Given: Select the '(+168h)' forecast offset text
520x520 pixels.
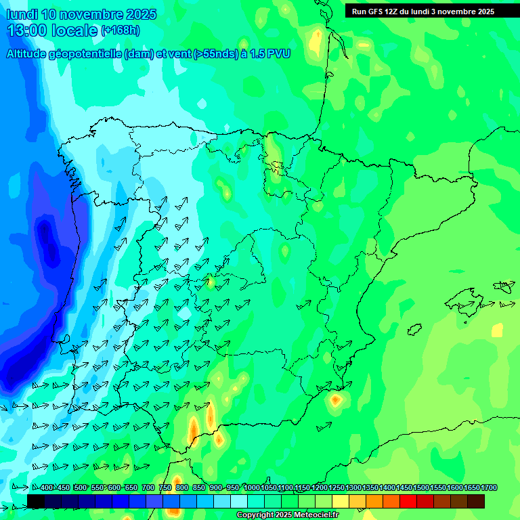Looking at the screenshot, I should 120,30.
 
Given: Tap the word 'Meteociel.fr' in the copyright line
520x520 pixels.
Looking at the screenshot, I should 315,515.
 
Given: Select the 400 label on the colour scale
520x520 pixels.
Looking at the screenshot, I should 47,488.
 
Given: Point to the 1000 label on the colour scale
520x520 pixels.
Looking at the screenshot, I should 251,488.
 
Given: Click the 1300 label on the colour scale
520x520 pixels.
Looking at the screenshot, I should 353,488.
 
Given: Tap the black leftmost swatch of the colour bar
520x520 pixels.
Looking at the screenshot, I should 36,501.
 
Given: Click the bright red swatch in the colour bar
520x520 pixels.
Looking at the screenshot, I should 408,501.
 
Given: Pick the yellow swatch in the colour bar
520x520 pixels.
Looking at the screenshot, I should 340,501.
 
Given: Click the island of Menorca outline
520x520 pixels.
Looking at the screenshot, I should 504,286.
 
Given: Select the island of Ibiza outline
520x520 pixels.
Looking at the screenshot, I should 414,330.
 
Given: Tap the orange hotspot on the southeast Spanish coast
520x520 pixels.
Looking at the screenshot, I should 335,400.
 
